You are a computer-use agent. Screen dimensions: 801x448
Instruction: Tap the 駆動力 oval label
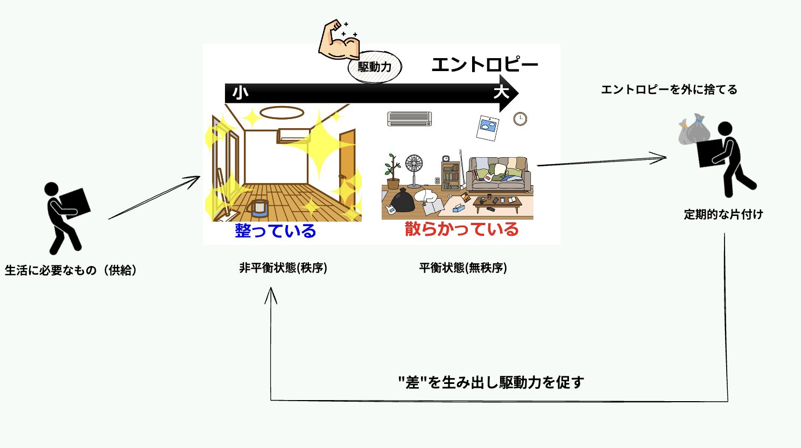click(375, 67)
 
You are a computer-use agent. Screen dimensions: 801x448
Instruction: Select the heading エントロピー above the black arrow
click(484, 65)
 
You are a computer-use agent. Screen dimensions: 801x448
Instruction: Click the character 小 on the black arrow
click(240, 93)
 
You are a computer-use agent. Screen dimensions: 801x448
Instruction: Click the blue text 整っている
click(275, 231)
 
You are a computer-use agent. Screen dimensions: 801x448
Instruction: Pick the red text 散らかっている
click(461, 229)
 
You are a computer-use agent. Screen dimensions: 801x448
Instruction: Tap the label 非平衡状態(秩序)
click(283, 268)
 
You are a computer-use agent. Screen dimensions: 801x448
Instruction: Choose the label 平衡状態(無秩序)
click(463, 268)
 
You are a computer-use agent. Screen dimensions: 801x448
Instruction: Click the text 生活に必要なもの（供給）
click(71, 270)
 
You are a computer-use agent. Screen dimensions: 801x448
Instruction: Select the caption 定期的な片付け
click(723, 214)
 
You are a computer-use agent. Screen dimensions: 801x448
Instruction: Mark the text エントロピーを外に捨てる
click(669, 89)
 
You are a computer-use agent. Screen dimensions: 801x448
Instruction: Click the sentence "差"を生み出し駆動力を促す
click(491, 382)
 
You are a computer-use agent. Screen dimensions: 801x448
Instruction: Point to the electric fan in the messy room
click(414, 170)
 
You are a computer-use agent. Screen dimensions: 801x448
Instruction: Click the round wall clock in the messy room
click(519, 118)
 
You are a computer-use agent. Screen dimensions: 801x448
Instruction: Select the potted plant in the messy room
click(392, 171)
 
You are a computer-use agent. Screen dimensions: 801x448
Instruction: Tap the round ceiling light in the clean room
click(282, 113)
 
